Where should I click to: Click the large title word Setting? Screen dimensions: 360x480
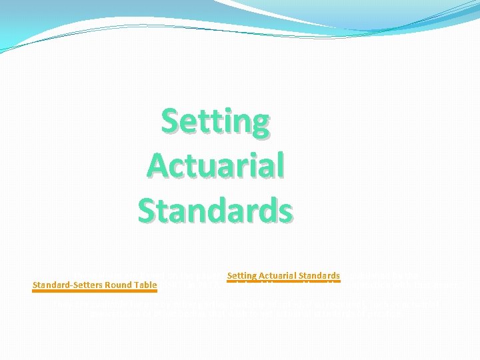[x=215, y=121]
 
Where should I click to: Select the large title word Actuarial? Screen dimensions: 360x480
[x=215, y=165]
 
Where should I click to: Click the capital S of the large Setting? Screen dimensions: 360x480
[x=172, y=121]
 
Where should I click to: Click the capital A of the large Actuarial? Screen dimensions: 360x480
[x=158, y=165]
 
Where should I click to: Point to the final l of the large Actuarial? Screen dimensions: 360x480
[x=280, y=165]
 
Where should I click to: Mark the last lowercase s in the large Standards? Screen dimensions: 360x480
[x=284, y=212]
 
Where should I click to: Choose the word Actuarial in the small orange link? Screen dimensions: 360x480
[x=276, y=275]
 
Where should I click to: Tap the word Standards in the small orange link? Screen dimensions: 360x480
[x=319, y=275]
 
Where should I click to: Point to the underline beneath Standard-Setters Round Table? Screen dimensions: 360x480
[x=95, y=291]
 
